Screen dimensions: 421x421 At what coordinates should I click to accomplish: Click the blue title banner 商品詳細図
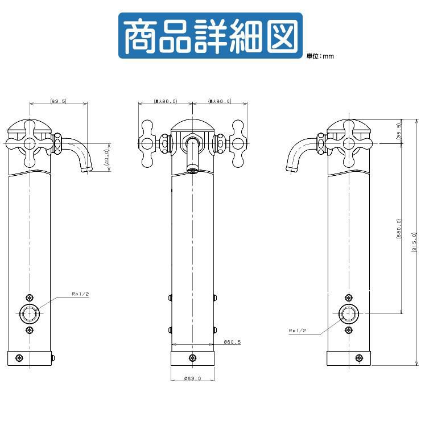[x=210, y=35]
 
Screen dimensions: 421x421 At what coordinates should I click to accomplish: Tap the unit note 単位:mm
[x=320, y=56]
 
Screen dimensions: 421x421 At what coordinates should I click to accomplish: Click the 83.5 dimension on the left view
[x=59, y=101]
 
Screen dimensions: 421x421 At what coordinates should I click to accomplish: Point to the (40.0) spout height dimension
[x=106, y=156]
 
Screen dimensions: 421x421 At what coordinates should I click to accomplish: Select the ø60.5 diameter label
[x=232, y=342]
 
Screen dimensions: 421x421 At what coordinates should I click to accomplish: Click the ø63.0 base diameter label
[x=193, y=378]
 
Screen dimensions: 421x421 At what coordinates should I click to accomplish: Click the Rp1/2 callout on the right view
[x=298, y=330]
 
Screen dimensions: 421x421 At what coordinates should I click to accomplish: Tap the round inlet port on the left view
[x=30, y=313]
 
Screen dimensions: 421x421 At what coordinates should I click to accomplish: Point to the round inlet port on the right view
[x=348, y=313]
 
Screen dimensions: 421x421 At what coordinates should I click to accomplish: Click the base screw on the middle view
[x=192, y=358]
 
